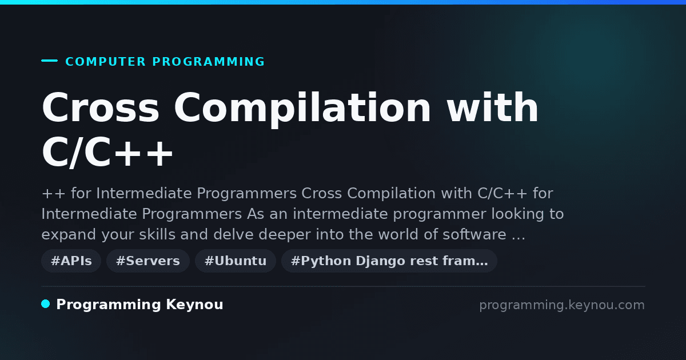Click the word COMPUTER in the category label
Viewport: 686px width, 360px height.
[105, 62]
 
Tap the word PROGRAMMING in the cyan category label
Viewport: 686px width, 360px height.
[208, 62]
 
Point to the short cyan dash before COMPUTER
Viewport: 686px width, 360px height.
[49, 61]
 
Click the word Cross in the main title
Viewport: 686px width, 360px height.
[101, 107]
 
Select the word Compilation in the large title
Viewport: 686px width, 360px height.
[302, 110]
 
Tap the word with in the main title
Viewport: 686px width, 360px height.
[492, 107]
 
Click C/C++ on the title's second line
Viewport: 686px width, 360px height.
[107, 152]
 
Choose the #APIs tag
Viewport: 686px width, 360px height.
[71, 261]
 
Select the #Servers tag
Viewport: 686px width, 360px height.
[148, 261]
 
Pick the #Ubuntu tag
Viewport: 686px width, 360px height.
[235, 261]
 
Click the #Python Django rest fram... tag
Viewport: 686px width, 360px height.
[389, 261]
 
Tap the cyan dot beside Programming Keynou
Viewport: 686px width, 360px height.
[46, 304]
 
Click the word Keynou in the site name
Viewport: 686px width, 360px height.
[194, 305]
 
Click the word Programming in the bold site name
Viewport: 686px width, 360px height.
[109, 305]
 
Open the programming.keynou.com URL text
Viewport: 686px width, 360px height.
[562, 305]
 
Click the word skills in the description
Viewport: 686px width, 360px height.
[157, 234]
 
